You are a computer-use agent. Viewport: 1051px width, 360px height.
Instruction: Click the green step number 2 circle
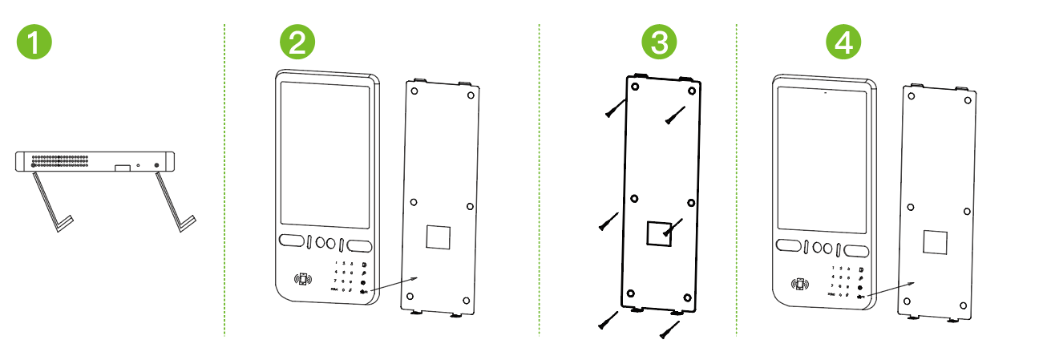(297, 42)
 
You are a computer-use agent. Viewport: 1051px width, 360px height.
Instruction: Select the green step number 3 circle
(659, 42)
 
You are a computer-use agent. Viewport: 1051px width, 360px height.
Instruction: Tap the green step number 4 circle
(844, 42)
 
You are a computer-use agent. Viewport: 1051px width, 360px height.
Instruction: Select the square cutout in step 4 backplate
(936, 243)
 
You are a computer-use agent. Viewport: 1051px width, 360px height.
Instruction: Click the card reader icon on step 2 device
(302, 281)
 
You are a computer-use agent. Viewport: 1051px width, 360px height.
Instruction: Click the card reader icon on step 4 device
(799, 284)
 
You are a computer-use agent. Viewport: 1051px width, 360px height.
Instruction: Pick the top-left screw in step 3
(616, 108)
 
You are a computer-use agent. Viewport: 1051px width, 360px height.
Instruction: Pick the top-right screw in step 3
(673, 115)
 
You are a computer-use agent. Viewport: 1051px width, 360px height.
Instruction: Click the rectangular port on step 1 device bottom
(122, 168)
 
